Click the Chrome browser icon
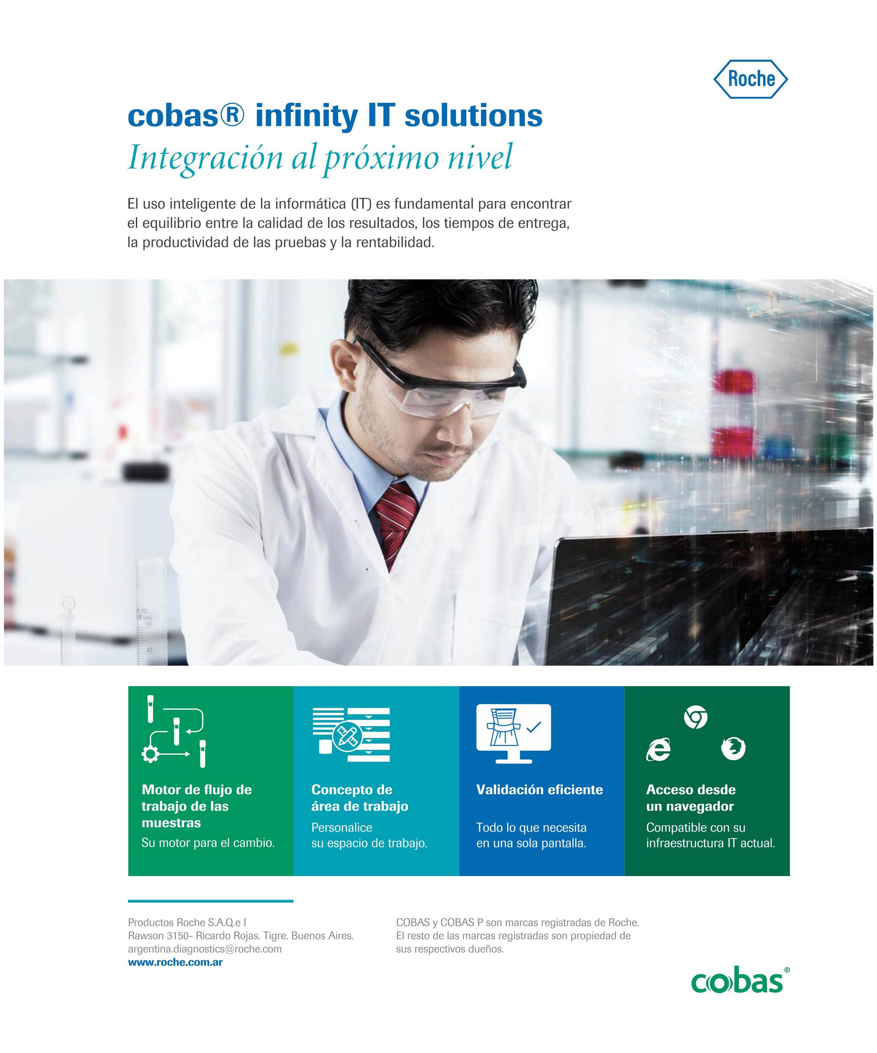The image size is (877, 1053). (x=696, y=717)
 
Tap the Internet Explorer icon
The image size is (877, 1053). (x=658, y=749)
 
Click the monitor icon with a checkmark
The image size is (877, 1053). (x=514, y=734)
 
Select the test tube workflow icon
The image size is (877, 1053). (x=174, y=731)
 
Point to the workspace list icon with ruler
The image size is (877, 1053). (x=351, y=735)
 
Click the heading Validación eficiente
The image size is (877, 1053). (x=539, y=790)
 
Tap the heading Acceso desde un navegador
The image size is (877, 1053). (x=691, y=798)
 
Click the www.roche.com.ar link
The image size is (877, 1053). (x=175, y=962)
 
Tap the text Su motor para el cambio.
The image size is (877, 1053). (x=208, y=843)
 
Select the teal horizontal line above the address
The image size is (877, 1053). (x=210, y=901)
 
